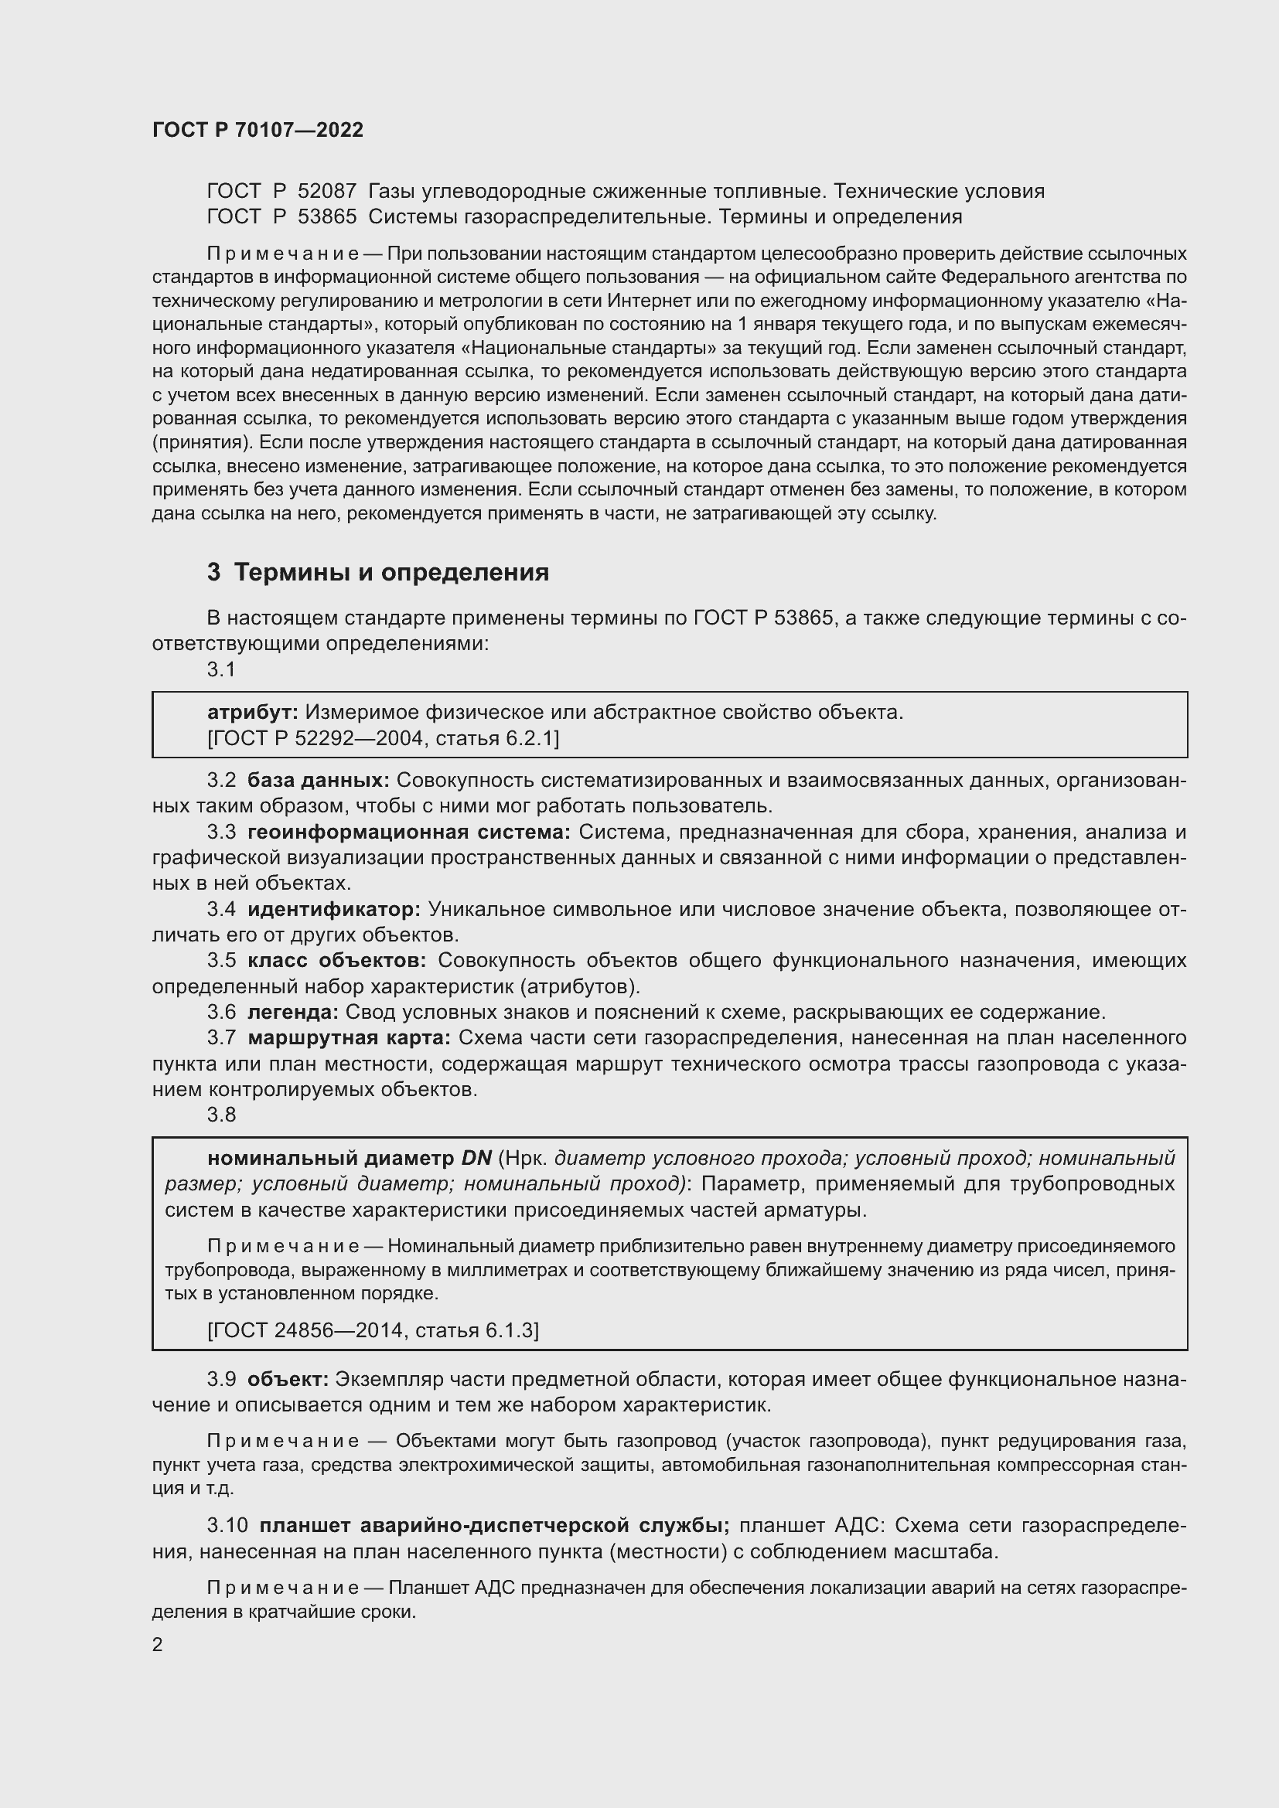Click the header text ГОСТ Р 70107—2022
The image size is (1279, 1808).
[258, 130]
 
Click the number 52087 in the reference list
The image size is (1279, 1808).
[327, 192]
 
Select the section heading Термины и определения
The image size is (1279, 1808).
[391, 572]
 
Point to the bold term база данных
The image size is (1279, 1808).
[318, 781]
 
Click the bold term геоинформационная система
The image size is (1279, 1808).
[409, 832]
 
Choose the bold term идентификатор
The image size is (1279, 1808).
[334, 910]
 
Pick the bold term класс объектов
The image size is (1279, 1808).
[336, 961]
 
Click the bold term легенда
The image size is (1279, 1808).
[292, 1012]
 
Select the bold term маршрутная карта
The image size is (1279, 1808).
[349, 1038]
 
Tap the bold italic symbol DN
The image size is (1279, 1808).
[476, 1159]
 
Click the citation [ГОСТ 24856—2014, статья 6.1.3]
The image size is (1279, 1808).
[373, 1330]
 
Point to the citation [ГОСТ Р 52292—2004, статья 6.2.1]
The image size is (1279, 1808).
[383, 738]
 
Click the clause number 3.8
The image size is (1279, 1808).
[221, 1115]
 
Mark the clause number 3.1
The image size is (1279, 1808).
[221, 669]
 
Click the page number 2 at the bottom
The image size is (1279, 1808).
[158, 1645]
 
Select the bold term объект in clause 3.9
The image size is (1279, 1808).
[288, 1379]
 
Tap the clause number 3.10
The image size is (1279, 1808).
[227, 1525]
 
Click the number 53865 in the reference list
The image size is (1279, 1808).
[327, 216]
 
